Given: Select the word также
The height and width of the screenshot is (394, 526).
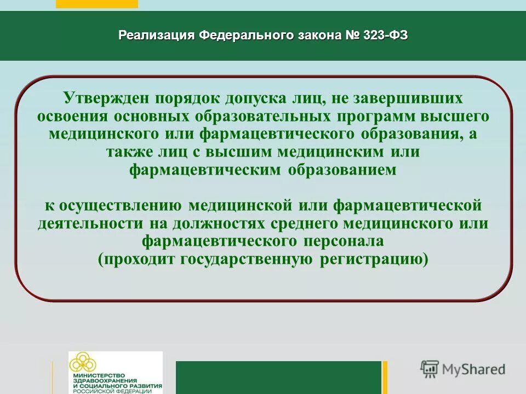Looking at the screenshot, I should point(130,152).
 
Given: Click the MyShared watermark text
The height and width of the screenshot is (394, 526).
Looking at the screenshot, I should point(473,369).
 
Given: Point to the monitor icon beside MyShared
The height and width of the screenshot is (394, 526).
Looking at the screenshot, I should point(430,369).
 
